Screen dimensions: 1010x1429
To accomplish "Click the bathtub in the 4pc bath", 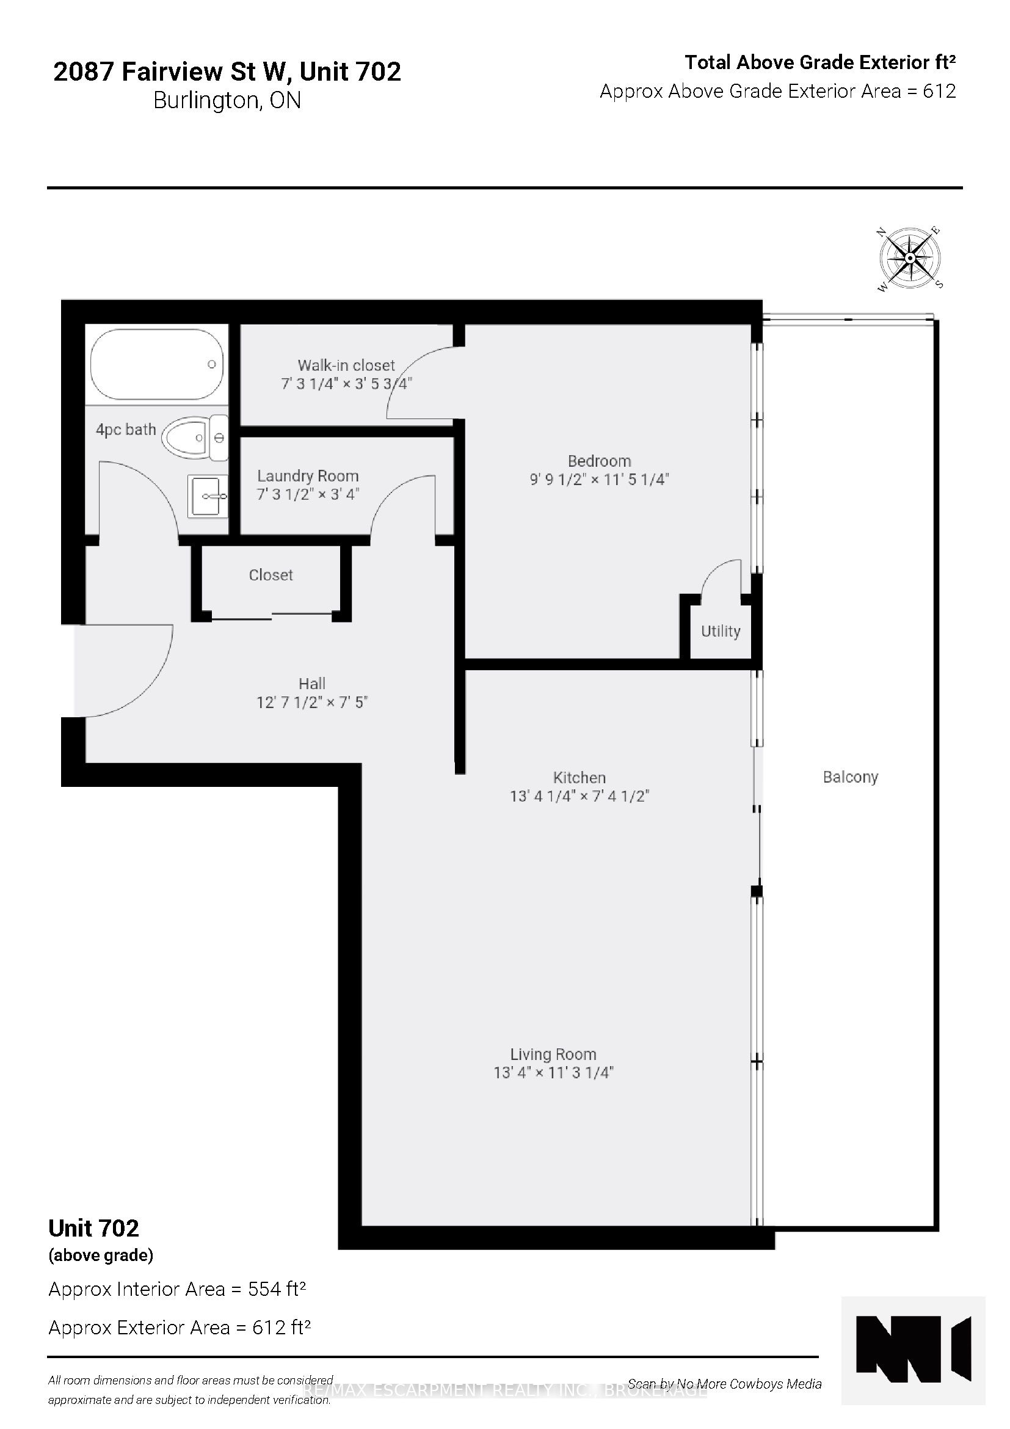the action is [x=157, y=364].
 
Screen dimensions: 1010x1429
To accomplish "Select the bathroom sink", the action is [x=208, y=495].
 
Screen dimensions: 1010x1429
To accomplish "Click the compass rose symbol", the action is [x=909, y=258].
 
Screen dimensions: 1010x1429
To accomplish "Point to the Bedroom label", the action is [x=599, y=461].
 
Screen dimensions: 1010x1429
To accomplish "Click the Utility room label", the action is [x=720, y=631].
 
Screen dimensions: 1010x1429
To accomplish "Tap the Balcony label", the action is [x=850, y=777].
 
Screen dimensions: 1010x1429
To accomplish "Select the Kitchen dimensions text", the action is [x=579, y=796].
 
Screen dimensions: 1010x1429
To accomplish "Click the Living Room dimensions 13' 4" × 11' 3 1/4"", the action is [x=553, y=1072].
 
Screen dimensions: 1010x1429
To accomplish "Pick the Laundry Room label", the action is [x=308, y=476].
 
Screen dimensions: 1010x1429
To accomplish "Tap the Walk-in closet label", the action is [x=346, y=365].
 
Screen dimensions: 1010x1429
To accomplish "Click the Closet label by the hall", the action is [x=271, y=575].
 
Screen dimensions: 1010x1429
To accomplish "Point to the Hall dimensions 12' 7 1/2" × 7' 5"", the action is [x=312, y=703].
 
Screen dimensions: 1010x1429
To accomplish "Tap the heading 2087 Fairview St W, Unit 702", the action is [x=227, y=72].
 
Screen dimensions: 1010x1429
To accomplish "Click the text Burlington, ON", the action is [x=227, y=101].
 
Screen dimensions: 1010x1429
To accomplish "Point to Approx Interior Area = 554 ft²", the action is [x=177, y=1289].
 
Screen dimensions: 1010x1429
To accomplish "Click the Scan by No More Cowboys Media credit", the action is [x=725, y=1384].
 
